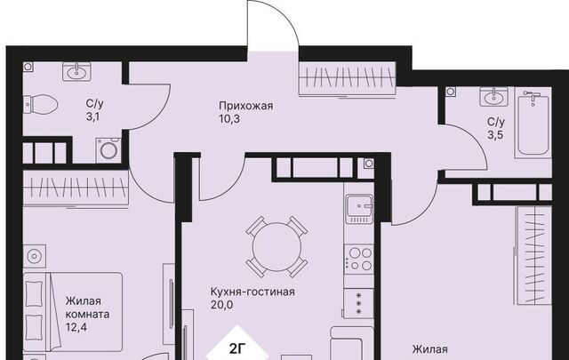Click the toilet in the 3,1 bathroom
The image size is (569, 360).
(x=40, y=105)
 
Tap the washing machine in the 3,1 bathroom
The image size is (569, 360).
(x=108, y=150)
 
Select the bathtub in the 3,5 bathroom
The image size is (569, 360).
(x=533, y=123)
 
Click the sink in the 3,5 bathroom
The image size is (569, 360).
(x=493, y=96)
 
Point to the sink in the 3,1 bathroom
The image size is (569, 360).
(x=76, y=71)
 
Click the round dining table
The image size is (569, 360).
(x=276, y=247)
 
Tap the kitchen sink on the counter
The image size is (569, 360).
(x=359, y=208)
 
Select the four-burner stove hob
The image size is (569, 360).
(x=358, y=260)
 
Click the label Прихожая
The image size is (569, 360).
(x=245, y=106)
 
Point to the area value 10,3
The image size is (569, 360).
(x=229, y=119)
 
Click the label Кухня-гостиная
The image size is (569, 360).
(x=252, y=292)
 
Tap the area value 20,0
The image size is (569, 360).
(x=221, y=305)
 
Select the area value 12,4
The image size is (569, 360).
(x=76, y=328)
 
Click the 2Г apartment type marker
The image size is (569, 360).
(x=237, y=349)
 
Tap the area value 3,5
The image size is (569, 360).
(x=495, y=135)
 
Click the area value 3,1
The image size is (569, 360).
(x=92, y=117)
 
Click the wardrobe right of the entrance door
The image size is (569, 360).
(x=348, y=78)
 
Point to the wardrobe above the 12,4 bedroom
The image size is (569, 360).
(x=76, y=188)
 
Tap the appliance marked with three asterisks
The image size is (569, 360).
(x=358, y=303)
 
